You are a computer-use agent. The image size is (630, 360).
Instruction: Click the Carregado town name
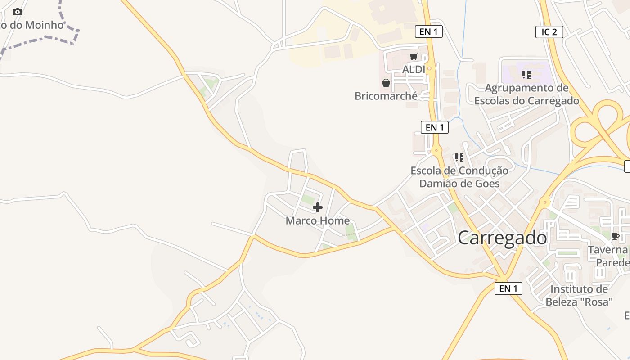pyautogui.click(x=502, y=238)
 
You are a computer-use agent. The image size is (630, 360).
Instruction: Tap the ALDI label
pyautogui.click(x=414, y=70)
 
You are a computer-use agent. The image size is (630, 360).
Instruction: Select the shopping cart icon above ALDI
pyautogui.click(x=414, y=57)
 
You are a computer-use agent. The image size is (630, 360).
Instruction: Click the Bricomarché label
pyautogui.click(x=386, y=96)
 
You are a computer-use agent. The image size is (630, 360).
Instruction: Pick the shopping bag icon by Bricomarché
pyautogui.click(x=386, y=83)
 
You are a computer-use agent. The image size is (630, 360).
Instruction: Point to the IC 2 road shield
pyautogui.click(x=549, y=32)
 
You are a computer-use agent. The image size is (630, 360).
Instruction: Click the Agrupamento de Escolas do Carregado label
pyautogui.click(x=526, y=94)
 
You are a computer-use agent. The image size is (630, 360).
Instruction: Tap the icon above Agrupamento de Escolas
pyautogui.click(x=526, y=74)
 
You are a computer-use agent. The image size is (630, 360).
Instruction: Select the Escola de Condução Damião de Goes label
pyautogui.click(x=459, y=177)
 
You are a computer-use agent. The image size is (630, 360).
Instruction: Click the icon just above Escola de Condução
pyautogui.click(x=459, y=157)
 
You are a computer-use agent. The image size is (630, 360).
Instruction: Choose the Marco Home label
pyautogui.click(x=318, y=220)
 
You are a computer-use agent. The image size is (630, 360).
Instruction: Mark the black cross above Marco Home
pyautogui.click(x=318, y=207)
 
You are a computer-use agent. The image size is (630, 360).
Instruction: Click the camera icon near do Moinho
pyautogui.click(x=18, y=12)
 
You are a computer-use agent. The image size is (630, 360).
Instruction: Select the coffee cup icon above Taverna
pyautogui.click(x=615, y=236)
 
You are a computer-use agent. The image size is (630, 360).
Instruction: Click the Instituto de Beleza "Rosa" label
pyautogui.click(x=579, y=295)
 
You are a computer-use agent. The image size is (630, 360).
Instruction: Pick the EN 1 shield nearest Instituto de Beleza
pyautogui.click(x=508, y=288)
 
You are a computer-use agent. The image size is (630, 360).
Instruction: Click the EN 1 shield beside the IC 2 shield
pyautogui.click(x=428, y=31)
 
